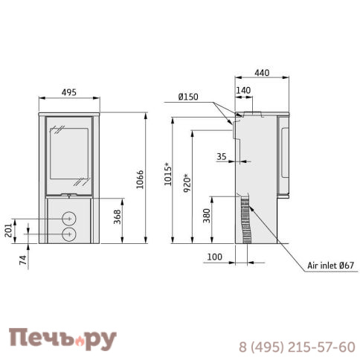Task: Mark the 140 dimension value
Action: pyautogui.click(x=243, y=90)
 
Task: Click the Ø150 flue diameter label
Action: pyautogui.click(x=188, y=96)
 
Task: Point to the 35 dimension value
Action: pyautogui.click(x=222, y=157)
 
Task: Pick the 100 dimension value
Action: pyautogui.click(x=216, y=257)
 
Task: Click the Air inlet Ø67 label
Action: pyautogui.click(x=332, y=266)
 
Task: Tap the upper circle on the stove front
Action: pyautogui.click(x=68, y=219)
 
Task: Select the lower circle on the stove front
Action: pyautogui.click(x=68, y=234)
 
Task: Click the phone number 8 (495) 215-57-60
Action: pyautogui.click(x=297, y=347)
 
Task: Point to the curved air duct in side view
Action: pyautogui.click(x=247, y=220)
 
